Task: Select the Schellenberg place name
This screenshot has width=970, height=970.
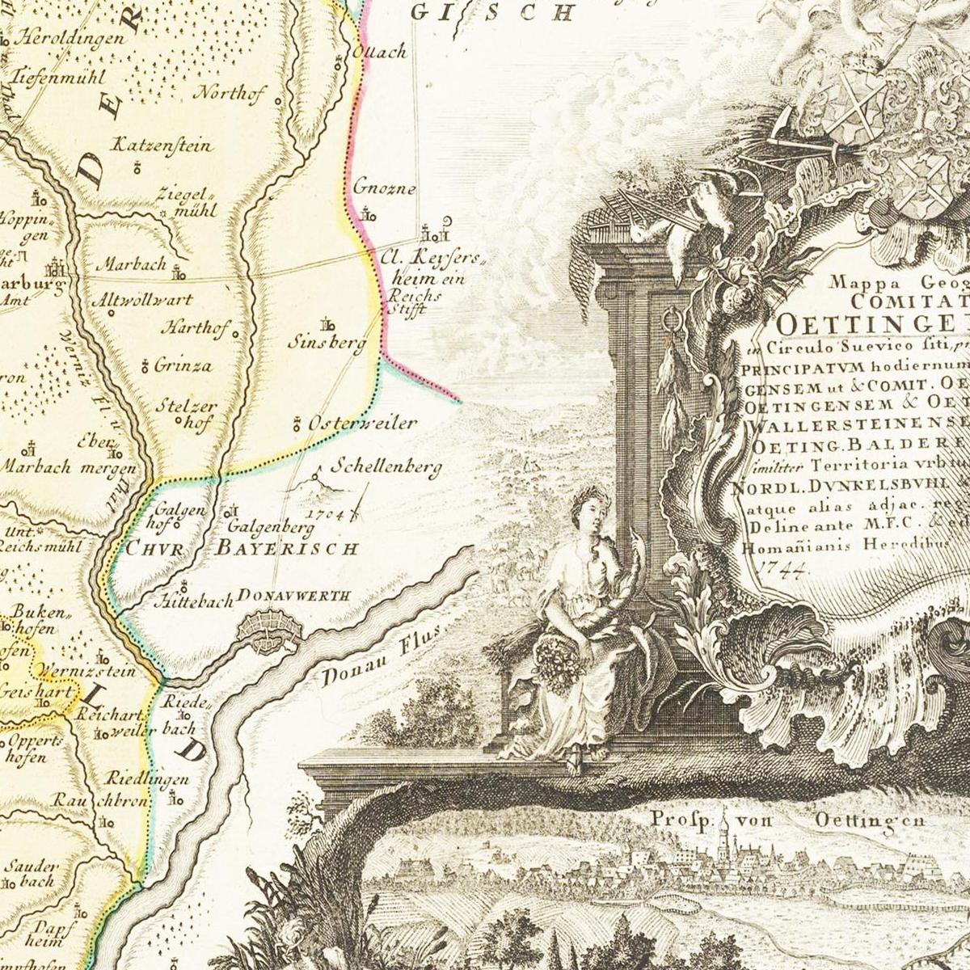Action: [x=387, y=467]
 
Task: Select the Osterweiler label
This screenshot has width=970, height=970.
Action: [x=363, y=423]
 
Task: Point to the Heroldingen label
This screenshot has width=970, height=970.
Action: [x=72, y=37]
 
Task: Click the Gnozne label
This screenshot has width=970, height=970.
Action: [x=384, y=189]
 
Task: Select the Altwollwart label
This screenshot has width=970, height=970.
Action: [x=143, y=300]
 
